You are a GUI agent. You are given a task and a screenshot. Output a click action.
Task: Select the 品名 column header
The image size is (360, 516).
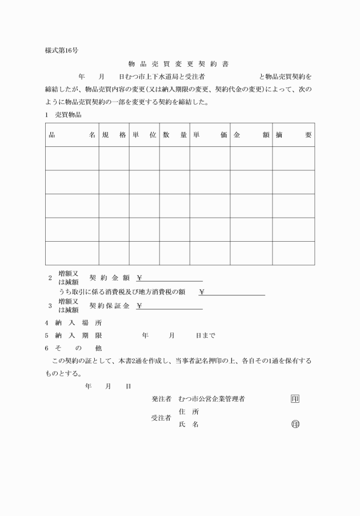72,135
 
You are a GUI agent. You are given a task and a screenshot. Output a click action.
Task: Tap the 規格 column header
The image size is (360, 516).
114,135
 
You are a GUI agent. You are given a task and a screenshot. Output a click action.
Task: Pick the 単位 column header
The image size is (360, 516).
144,135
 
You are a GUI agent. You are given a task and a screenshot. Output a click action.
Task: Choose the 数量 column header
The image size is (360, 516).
174,135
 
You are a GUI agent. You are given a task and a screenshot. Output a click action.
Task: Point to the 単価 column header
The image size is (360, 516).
210,135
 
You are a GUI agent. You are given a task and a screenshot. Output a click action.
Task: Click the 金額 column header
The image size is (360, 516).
251,135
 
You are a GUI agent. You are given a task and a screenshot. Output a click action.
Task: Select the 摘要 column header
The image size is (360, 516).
293,135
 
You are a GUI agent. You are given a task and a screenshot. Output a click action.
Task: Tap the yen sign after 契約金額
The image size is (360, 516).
139,278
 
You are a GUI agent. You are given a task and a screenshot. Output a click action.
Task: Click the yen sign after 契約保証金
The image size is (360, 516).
139,306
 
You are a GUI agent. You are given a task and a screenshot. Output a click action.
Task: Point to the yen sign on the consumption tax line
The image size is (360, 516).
202,292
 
